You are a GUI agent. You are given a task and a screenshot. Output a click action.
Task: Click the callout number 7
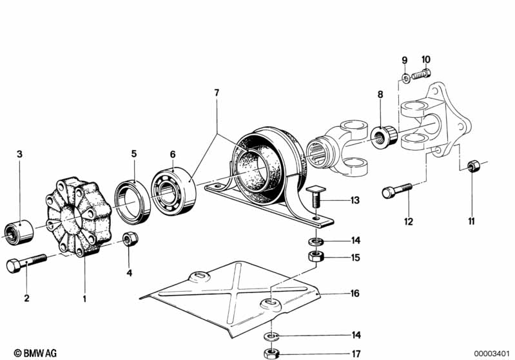click(x=217, y=93)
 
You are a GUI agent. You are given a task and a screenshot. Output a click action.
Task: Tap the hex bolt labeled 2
click(x=26, y=262)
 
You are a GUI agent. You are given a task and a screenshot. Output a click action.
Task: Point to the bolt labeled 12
click(x=397, y=191)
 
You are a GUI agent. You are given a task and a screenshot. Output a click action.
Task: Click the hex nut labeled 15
click(x=316, y=256)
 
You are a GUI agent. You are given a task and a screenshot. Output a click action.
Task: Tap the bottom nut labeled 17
click(x=271, y=354)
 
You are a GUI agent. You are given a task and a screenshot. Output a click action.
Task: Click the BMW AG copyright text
click(x=35, y=353)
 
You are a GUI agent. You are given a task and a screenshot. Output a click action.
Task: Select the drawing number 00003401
click(x=491, y=354)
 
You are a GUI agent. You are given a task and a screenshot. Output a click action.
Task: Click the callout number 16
click(x=355, y=293)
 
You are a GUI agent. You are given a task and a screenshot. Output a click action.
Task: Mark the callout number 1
click(x=84, y=299)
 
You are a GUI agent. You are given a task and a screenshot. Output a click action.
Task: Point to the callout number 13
click(x=355, y=200)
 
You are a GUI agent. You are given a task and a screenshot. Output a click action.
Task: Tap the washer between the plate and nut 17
click(x=271, y=336)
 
